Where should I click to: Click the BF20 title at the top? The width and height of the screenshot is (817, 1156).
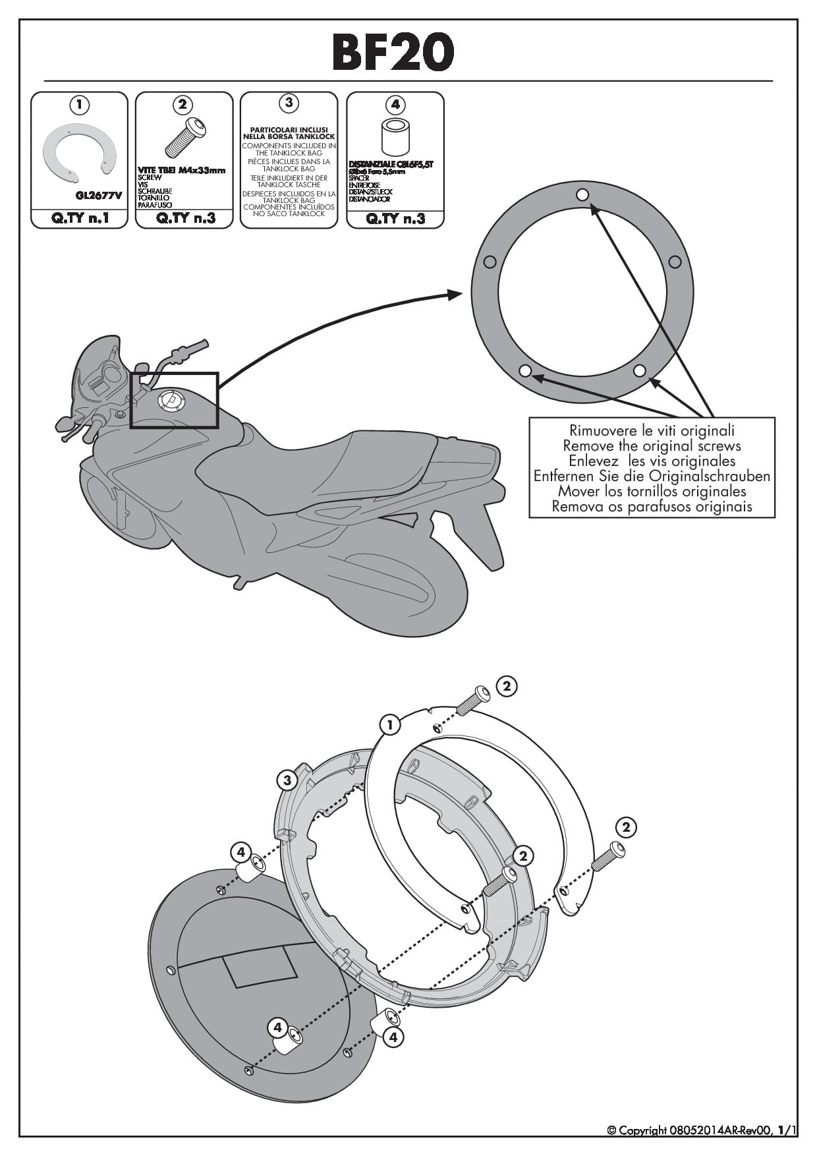coord(393,52)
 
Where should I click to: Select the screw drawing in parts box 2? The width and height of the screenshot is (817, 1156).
coord(184,138)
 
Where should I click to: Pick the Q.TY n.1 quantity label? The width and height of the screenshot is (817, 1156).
coord(79,218)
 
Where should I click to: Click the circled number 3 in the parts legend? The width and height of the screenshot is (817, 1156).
coord(289,103)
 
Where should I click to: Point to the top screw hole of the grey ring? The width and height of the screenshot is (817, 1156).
coord(582,194)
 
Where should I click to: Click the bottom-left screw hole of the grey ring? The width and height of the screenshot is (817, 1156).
coord(525,370)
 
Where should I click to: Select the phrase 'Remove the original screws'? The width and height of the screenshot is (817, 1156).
coord(652,446)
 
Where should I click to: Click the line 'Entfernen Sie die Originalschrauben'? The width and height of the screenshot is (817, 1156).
coord(652,476)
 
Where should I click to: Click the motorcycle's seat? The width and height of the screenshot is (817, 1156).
coord(382,461)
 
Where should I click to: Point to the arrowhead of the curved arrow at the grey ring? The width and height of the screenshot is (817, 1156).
coord(455,294)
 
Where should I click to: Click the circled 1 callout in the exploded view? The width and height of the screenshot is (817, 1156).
coord(390,726)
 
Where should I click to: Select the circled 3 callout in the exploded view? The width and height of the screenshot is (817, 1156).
coord(287,781)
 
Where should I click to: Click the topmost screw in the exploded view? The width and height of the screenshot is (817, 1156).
coord(473,701)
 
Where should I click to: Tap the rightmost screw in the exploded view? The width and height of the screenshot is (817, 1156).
coord(607,856)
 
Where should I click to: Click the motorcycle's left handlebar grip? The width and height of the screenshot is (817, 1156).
coord(191,349)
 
